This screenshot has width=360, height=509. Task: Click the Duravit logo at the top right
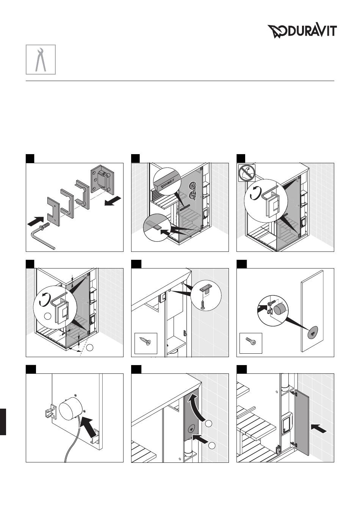click(302, 31)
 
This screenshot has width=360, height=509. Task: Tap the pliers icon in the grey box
click(41, 59)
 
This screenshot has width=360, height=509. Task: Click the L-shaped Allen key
click(42, 237)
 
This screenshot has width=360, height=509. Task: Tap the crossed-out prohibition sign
click(247, 173)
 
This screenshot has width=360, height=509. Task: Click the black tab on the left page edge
click(3, 422)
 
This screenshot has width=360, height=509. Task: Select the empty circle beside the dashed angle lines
click(90, 347)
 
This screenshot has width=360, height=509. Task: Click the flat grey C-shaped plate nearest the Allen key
click(54, 211)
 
